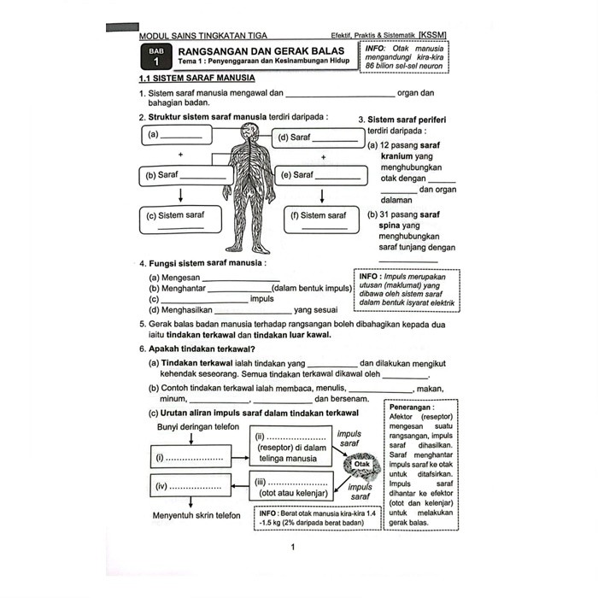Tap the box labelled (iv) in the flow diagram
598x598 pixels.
[190, 488]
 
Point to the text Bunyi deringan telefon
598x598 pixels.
[196, 426]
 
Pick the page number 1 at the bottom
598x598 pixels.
[293, 548]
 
